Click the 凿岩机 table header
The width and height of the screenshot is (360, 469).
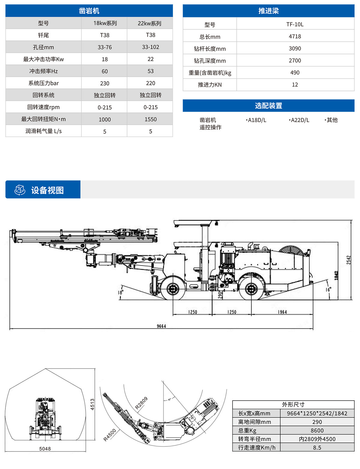coord(89,11)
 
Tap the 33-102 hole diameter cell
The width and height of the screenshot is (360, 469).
coord(150,47)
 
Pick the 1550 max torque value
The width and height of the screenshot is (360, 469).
coord(150,119)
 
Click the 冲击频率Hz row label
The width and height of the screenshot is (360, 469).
coord(43,71)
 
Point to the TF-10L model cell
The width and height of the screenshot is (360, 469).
coord(295,24)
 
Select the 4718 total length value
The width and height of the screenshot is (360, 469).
coord(295,36)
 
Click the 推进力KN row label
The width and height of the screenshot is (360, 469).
coord(210,85)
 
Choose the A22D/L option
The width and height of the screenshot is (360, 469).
coord(299,120)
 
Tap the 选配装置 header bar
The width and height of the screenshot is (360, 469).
coord(268,106)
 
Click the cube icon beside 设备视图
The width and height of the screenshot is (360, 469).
coord(20,190)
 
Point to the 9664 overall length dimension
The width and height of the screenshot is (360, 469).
coord(161,326)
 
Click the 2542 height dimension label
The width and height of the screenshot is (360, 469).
coord(349,260)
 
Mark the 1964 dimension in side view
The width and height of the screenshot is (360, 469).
coord(282,312)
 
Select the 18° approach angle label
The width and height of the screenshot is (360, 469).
coord(120,292)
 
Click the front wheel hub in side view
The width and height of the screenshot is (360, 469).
coord(173,289)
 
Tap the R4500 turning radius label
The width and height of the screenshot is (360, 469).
coord(110,435)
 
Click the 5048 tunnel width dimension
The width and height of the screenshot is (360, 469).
coord(45,449)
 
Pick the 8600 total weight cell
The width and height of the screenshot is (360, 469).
coord(317,430)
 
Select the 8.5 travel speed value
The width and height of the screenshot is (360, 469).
coord(317,447)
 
